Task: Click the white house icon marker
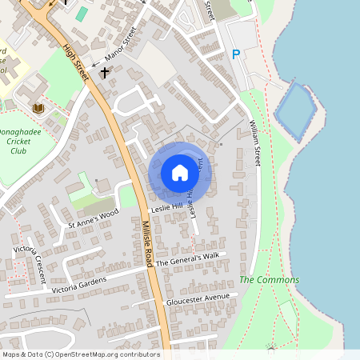coord(180,172)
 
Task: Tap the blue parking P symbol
coord(236,54)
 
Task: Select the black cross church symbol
coord(104,73)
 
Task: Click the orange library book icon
coord(37,108)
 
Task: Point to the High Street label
coord(76,59)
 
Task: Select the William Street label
coord(254,143)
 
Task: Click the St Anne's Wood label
coord(93,218)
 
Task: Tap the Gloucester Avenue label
coord(197,300)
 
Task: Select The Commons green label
coord(269,280)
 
